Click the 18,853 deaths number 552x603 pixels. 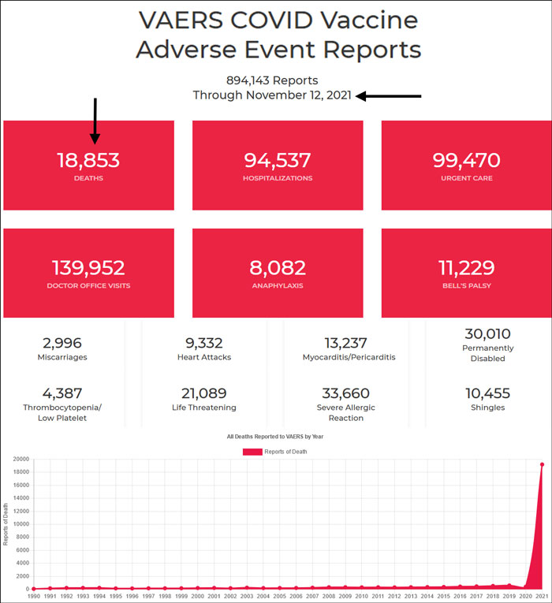88,161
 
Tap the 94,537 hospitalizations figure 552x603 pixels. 278,161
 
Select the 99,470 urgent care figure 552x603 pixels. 466,161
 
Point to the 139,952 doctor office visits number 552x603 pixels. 88,268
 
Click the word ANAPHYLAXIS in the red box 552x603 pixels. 278,285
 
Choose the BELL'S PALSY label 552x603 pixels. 466,285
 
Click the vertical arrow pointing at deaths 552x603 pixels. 95,121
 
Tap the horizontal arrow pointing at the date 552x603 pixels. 389,96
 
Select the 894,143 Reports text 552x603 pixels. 272,80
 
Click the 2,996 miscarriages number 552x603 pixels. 62,343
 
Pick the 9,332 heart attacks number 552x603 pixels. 203,343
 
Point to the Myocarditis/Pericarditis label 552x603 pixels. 349,357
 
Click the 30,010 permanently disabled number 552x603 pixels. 487,333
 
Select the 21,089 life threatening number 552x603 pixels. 203,393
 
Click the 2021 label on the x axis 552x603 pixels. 542,597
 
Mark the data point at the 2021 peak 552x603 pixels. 542,464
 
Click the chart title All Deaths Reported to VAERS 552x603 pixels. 274,436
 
